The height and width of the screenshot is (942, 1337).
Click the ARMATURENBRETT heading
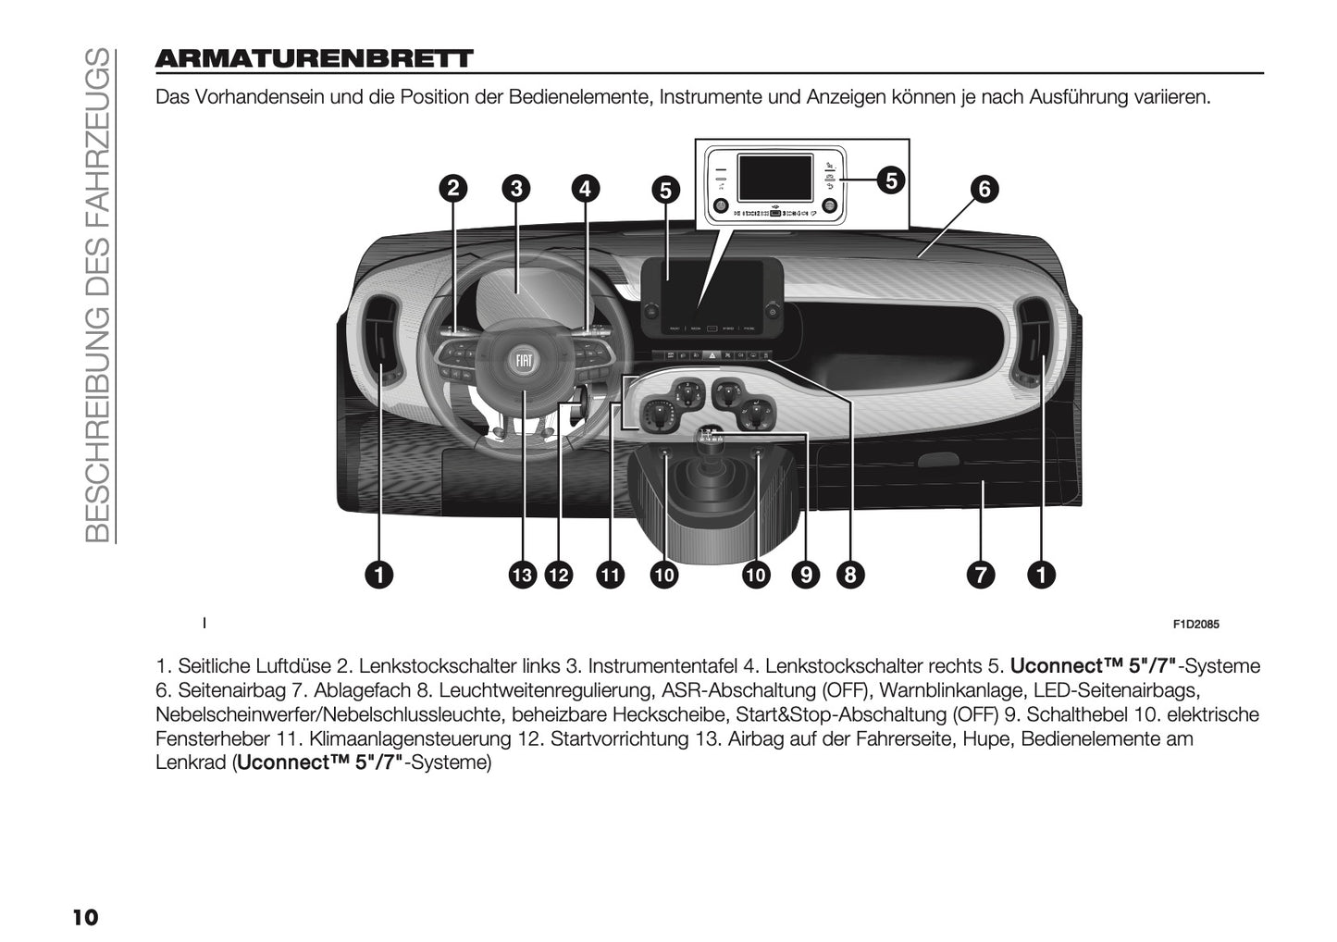pyautogui.click(x=314, y=59)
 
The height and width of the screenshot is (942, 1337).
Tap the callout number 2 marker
pyautogui.click(x=452, y=189)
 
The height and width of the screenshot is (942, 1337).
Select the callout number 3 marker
pyautogui.click(x=516, y=189)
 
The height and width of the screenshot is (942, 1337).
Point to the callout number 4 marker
pyautogui.click(x=585, y=189)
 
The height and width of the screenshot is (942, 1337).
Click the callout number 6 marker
pyautogui.click(x=984, y=190)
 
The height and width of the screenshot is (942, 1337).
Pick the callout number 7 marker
pyautogui.click(x=981, y=575)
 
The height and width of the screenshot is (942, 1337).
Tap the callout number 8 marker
pyautogui.click(x=849, y=575)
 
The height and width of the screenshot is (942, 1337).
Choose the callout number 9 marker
pyautogui.click(x=806, y=575)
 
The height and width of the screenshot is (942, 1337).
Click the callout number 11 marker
pyautogui.click(x=609, y=575)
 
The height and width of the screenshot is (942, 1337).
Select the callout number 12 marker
pyautogui.click(x=558, y=575)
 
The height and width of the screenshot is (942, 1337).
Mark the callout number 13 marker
pyautogui.click(x=523, y=575)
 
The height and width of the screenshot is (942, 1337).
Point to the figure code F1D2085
pyautogui.click(x=1195, y=625)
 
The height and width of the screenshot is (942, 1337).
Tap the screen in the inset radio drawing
pyautogui.click(x=774, y=180)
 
